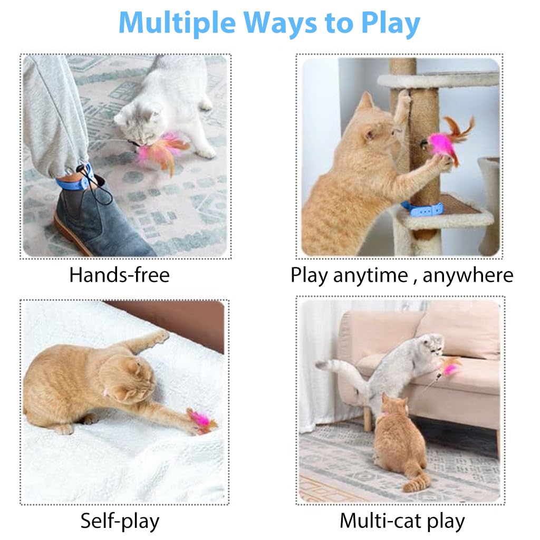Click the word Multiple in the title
177,23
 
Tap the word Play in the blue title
391,23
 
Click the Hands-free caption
120,275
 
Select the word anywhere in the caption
468,275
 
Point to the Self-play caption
120,520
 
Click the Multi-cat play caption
402,520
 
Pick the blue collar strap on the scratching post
422,209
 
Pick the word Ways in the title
281,23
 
